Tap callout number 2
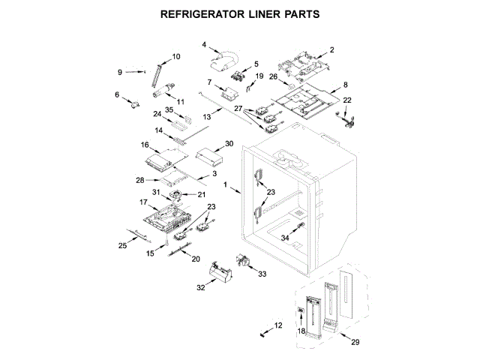point(332,49)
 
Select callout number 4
point(204,45)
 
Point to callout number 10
point(176,57)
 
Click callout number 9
point(120,72)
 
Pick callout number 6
point(117,94)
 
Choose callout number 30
point(229,143)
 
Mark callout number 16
point(145,144)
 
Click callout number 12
point(279,325)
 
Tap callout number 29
point(355,343)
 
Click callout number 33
point(262,275)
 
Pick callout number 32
point(200,286)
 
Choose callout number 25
point(123,245)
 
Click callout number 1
point(225,184)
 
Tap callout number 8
point(346,85)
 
